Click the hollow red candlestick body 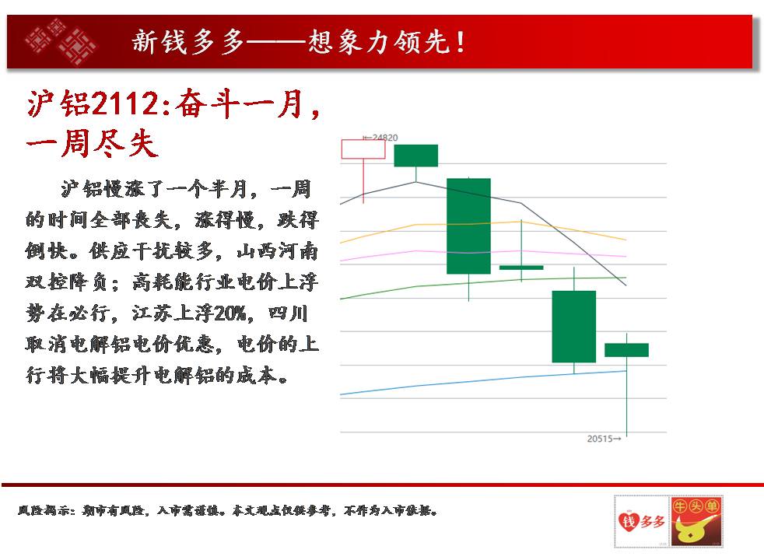pos(363,149)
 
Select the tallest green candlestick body pos(468,226)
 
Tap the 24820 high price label pos(380,138)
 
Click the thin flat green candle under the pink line pos(521,268)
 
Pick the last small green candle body pos(626,350)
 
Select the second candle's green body pos(416,156)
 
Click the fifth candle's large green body pos(574,326)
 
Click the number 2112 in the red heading pos(124,104)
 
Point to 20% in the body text pos(230,313)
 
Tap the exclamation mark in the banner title pos(460,42)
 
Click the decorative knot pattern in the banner pos(61,41)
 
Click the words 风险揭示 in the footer pos(44,510)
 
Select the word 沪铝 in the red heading pos(58,104)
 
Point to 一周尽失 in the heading pos(93,144)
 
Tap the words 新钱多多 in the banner pos(188,42)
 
